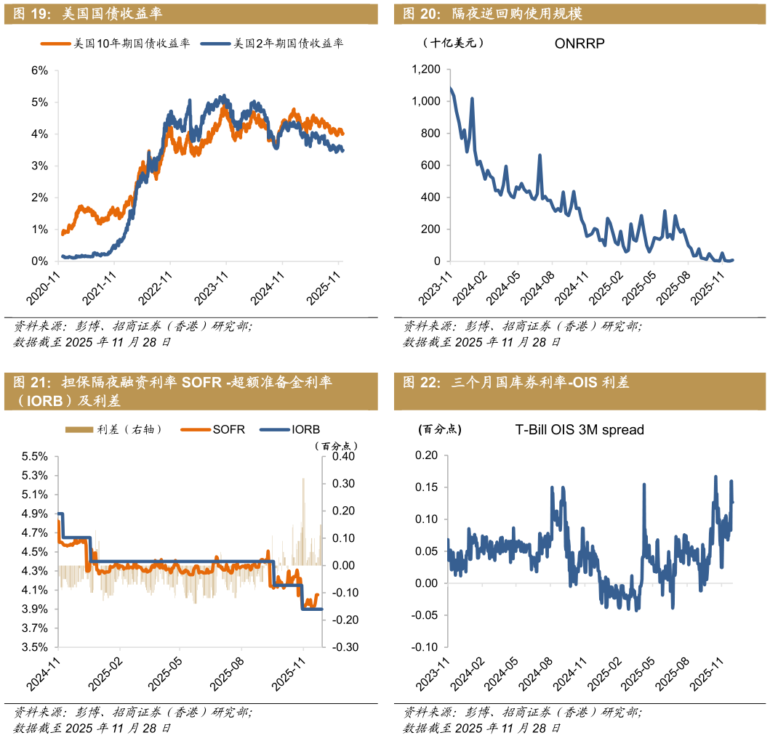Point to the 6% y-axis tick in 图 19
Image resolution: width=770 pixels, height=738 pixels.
click(x=39, y=70)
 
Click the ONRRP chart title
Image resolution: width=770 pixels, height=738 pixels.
click(x=579, y=44)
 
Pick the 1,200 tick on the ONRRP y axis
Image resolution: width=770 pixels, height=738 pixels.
click(x=426, y=70)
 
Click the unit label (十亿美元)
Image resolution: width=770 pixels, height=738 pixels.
click(x=453, y=43)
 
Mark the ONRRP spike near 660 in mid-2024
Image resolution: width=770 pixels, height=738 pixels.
click(x=540, y=155)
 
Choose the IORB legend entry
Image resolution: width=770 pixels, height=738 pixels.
click(x=305, y=429)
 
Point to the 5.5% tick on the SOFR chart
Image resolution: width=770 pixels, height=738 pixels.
click(x=36, y=457)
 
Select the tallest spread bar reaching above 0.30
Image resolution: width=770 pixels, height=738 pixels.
click(x=303, y=479)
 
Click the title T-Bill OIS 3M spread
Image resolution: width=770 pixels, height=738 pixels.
click(x=579, y=430)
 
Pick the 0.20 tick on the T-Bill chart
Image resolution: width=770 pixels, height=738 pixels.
click(x=426, y=455)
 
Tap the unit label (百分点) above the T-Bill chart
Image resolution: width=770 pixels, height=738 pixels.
click(x=440, y=429)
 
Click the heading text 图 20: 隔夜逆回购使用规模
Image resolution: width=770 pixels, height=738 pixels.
click(x=492, y=14)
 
